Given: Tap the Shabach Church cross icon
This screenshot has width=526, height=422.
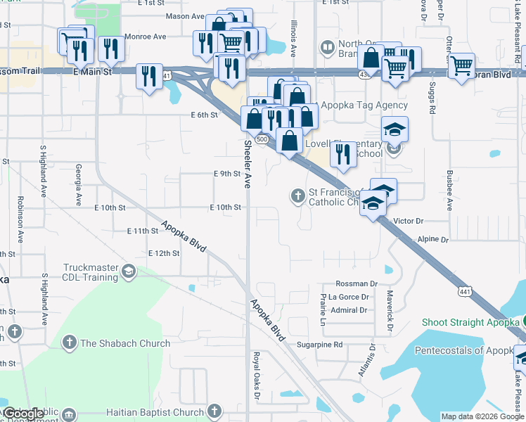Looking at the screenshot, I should [x=69, y=343].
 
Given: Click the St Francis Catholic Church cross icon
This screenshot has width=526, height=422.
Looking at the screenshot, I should [x=297, y=195].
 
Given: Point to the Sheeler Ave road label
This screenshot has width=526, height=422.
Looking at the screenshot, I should [x=248, y=164].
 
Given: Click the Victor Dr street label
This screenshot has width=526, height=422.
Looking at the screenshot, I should [x=409, y=221].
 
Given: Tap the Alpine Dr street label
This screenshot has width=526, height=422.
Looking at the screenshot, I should [x=433, y=240].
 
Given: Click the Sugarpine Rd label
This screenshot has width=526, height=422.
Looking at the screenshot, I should [x=319, y=345].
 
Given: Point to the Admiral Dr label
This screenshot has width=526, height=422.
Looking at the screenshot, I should [x=349, y=310].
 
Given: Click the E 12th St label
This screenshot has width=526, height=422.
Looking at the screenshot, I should [x=165, y=253].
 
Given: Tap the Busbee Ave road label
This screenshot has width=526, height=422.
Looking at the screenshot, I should [x=451, y=188].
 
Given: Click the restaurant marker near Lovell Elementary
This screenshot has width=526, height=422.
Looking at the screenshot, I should [x=342, y=153].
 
